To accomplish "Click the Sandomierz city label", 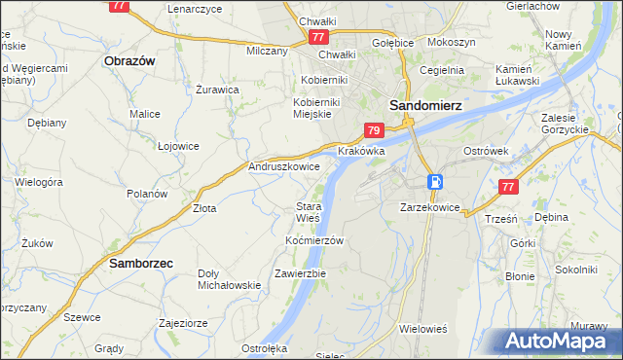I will click(x=424, y=104).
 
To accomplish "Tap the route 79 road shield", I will click(x=374, y=129).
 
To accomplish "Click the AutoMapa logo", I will click(x=558, y=342).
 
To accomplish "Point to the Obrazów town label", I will click(x=129, y=60).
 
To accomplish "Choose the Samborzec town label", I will click(x=141, y=263).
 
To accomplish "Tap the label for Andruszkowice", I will click(x=285, y=167).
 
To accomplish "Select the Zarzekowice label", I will click(x=429, y=207).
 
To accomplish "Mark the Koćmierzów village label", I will click(x=314, y=240).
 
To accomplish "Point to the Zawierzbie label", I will click(x=300, y=273).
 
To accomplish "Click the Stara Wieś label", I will click(x=309, y=212).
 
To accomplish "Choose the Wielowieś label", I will click(x=422, y=329).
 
